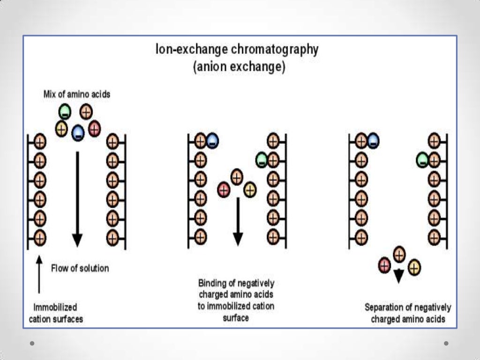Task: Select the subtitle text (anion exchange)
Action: (x=239, y=67)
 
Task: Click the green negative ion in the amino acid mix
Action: (x=65, y=112)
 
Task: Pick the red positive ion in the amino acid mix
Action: (x=95, y=128)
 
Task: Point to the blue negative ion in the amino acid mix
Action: (x=78, y=133)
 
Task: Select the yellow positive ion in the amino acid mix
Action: (x=61, y=128)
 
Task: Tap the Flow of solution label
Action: (x=80, y=268)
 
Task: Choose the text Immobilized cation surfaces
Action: (x=56, y=313)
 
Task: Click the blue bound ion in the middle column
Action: (x=212, y=140)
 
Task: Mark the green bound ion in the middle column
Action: (x=262, y=160)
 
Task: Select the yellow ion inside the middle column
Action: (x=250, y=189)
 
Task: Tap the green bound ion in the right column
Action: (x=422, y=160)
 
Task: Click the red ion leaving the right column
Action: (x=384, y=266)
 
